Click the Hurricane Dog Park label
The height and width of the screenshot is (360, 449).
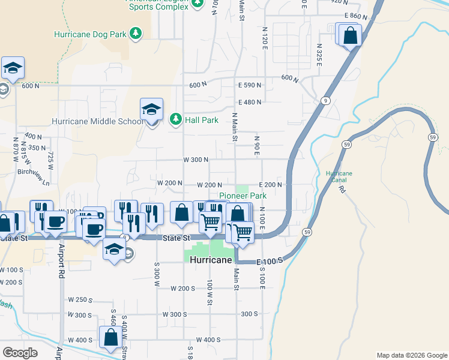90,34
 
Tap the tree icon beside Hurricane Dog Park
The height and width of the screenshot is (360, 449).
137,34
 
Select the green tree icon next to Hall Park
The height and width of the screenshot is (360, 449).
175,120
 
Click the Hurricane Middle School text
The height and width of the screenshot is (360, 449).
98,121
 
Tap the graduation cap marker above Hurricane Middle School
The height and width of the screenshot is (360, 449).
151,110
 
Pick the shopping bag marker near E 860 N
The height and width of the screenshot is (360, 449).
350,36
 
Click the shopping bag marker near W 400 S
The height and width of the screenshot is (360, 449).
110,338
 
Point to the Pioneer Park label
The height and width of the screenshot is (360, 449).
243,196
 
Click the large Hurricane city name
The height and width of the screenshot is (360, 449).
210,262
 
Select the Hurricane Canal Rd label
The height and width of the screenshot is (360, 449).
339,181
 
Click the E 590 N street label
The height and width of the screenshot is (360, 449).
250,86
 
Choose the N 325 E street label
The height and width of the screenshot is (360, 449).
319,57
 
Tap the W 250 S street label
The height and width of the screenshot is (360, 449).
80,299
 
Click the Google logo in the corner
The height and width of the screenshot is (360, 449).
20,353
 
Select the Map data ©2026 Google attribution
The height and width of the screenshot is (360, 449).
411,355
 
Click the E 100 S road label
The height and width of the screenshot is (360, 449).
269,262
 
